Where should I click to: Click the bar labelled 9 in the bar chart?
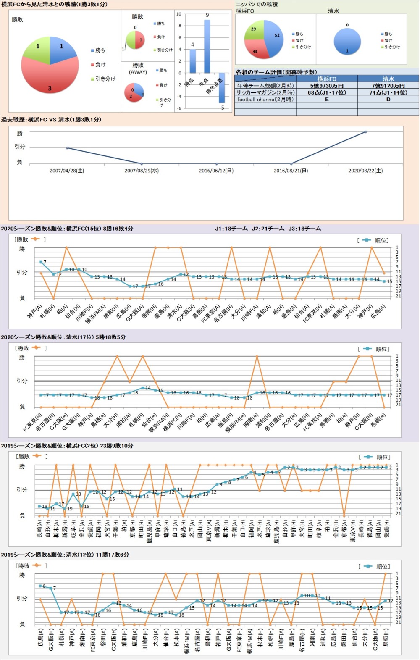pos(207,46)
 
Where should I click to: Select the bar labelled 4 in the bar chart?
pos(192,61)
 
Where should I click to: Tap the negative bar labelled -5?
pos(221,88)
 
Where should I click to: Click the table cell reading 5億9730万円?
pos(327,86)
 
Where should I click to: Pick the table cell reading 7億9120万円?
pos(388,86)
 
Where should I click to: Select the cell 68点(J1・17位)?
pos(327,92)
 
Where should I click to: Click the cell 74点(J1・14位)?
pos(388,92)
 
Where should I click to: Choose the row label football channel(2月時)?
pos(265,100)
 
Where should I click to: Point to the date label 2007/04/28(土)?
pos(67,171)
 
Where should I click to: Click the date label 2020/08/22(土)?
pos(365,171)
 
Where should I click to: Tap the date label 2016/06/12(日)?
pos(216,171)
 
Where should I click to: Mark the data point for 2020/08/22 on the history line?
pos(366,132)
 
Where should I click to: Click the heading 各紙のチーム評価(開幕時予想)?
pos(276,72)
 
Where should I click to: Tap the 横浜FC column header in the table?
pos(327,79)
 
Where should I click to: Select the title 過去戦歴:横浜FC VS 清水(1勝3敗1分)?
pos(51,120)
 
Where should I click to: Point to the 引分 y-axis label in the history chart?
pos(20,147)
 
